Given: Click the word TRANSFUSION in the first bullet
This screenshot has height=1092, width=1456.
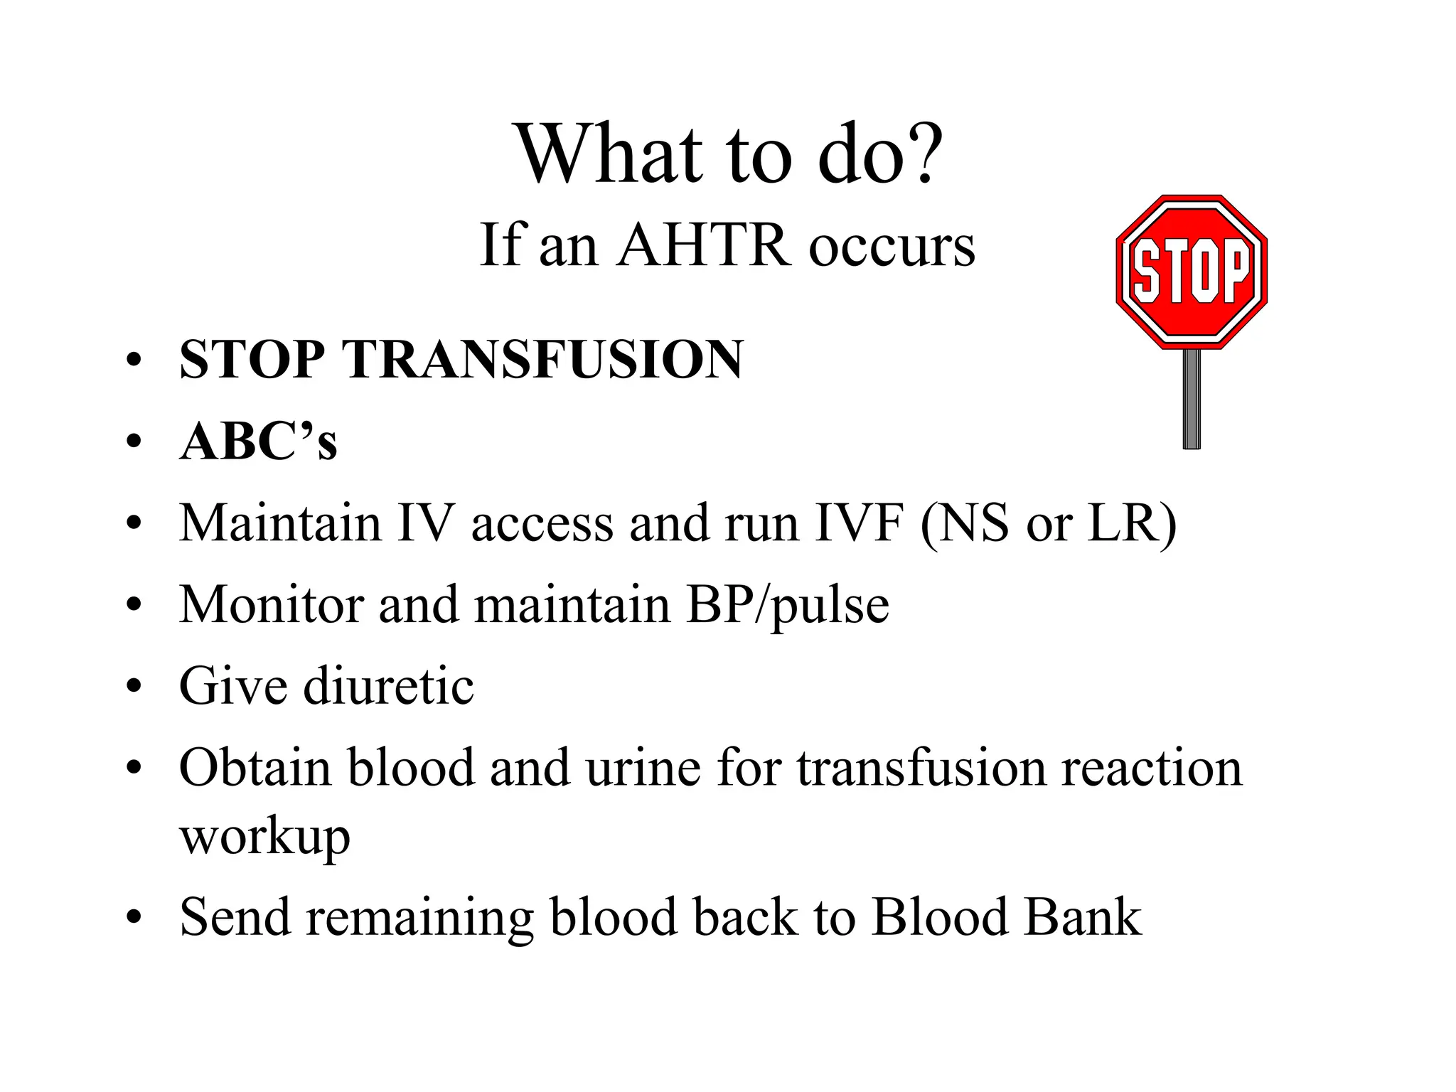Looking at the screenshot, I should coord(543,360).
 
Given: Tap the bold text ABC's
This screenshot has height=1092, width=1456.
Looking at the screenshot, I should coord(258,441).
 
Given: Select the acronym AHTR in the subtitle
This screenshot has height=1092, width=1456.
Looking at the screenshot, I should coord(704,245).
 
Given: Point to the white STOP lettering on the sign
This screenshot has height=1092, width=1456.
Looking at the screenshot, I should coord(1192,271).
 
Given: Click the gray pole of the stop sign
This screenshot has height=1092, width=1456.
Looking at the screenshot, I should coord(1192,398).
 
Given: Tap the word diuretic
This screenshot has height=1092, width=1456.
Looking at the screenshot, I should coord(389,686).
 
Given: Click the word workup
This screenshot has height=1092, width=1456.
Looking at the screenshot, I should coord(264,837).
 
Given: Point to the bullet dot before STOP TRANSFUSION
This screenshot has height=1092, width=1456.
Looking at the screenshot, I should coord(134,360).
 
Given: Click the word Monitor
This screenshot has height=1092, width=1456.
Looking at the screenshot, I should coord(271,604).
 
